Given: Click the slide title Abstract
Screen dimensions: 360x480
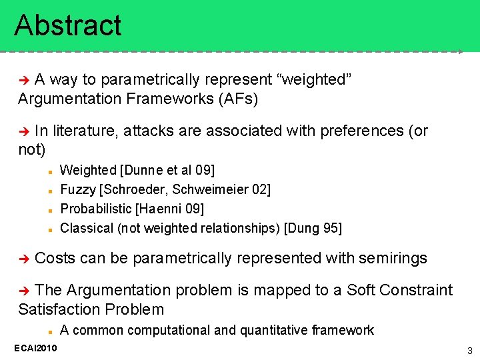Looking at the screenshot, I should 68,25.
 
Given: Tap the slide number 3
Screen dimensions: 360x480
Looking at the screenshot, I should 469,351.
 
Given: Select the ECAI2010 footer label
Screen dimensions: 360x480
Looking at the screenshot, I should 35,348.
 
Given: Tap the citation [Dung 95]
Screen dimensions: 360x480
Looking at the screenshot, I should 313,228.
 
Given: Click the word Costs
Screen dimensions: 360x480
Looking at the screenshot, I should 55,258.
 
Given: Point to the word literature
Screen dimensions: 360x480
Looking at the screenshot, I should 85,131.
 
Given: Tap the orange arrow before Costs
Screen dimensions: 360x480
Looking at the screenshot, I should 25,259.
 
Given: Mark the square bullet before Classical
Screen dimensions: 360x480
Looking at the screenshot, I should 50,229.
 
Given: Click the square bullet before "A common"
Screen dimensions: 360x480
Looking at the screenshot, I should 50,331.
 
